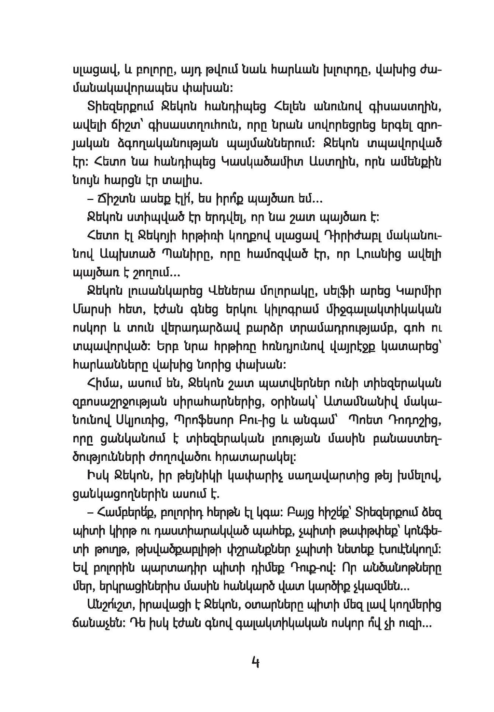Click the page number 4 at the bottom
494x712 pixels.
pyautogui.click(x=255, y=661)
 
